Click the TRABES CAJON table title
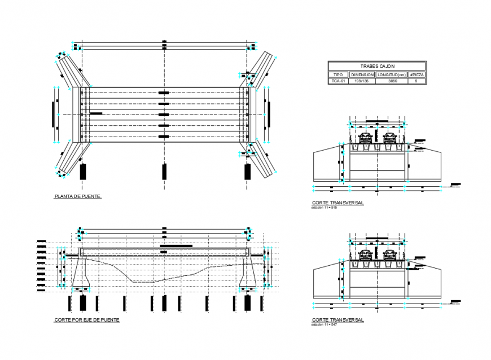pyautogui.click(x=377, y=67)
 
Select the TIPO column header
pyautogui.click(x=338, y=74)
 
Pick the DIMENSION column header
pyautogui.click(x=362, y=74)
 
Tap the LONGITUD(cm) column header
pyautogui.click(x=392, y=74)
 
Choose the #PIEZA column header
pyautogui.click(x=417, y=74)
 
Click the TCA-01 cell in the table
pyautogui.click(x=338, y=81)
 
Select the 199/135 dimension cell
pyautogui.click(x=362, y=81)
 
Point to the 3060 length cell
pyautogui.click(x=392, y=81)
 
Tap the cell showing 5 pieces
pyautogui.click(x=417, y=81)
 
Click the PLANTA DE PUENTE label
pyautogui.click(x=78, y=196)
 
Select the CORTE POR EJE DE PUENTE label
pyautogui.click(x=86, y=320)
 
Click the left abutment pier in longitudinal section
pyautogui.click(x=82, y=274)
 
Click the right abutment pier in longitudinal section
pyautogui.click(x=248, y=274)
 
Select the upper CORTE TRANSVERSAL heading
pyautogui.click(x=337, y=202)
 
